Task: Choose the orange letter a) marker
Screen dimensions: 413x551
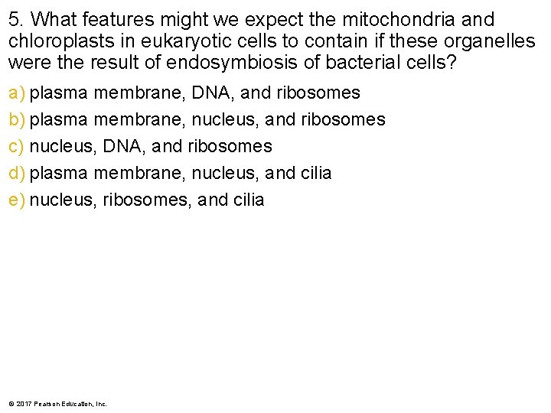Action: click(17, 93)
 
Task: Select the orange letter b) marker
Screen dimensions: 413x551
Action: click(17, 120)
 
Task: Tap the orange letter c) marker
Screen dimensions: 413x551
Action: click(17, 147)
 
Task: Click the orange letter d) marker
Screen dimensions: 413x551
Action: click(17, 174)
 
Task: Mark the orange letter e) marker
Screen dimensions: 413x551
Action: click(17, 200)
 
